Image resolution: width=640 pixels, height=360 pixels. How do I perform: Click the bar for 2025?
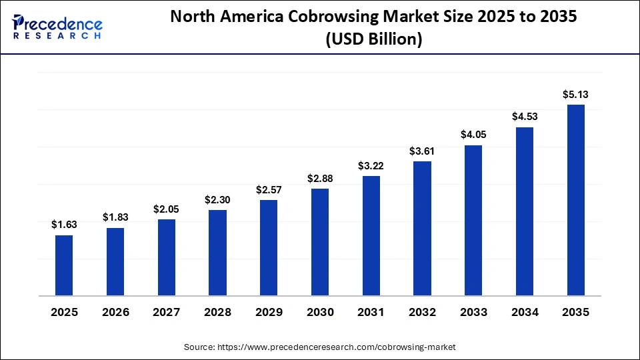pyautogui.click(x=64, y=265)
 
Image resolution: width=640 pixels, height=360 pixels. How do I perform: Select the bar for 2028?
pyautogui.click(x=217, y=252)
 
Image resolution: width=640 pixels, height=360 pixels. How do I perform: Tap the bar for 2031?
pyautogui.click(x=371, y=235)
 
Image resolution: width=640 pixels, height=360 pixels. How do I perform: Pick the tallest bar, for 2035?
pyautogui.click(x=576, y=199)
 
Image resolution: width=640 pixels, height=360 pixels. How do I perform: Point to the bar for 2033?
pyautogui.click(x=473, y=220)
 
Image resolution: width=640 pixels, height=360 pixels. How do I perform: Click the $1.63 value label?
pyautogui.click(x=64, y=225)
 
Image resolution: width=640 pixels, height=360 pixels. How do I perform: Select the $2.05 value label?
pyautogui.click(x=166, y=209)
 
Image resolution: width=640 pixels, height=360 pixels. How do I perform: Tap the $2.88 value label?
pyautogui.click(x=320, y=178)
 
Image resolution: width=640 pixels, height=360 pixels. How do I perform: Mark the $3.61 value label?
pyautogui.click(x=422, y=151)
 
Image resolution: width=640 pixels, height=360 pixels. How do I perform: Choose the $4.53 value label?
pyautogui.click(x=525, y=117)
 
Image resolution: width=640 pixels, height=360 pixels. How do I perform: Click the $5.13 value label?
pyautogui.click(x=576, y=95)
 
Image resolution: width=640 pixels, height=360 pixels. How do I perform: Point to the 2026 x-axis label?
pyautogui.click(x=115, y=313)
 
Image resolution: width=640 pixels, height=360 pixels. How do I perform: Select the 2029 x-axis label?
pyautogui.click(x=269, y=313)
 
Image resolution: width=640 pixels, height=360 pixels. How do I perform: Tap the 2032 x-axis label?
pyautogui.click(x=422, y=313)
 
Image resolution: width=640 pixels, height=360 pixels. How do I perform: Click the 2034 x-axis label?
pyautogui.click(x=525, y=313)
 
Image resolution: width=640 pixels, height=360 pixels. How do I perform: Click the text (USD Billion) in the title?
pyautogui.click(x=373, y=39)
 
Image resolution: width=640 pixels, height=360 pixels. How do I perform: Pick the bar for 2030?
pyautogui.click(x=320, y=241)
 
